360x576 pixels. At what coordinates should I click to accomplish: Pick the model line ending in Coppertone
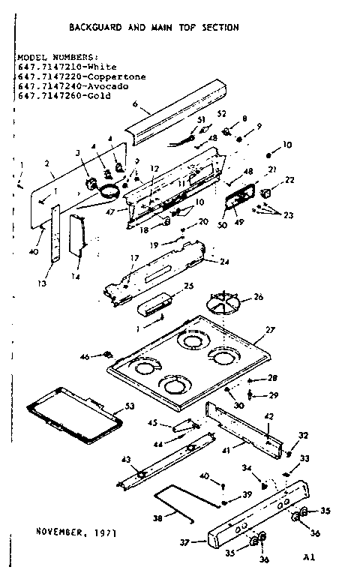click(x=81, y=76)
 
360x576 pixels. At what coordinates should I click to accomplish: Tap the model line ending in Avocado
click(x=75, y=86)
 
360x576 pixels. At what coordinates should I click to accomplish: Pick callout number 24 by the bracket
click(x=224, y=262)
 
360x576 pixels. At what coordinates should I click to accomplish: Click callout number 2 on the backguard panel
click(x=46, y=163)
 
